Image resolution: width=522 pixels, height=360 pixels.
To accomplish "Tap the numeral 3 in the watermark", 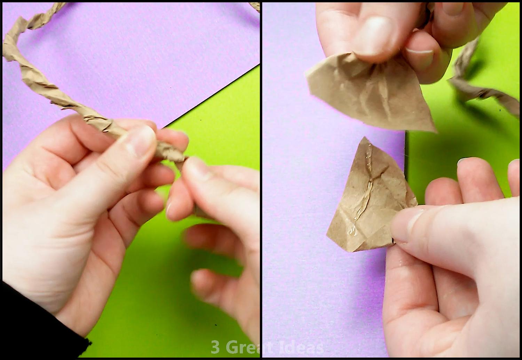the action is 215,347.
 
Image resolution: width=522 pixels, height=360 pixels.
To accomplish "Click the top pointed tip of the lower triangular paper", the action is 364,138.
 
